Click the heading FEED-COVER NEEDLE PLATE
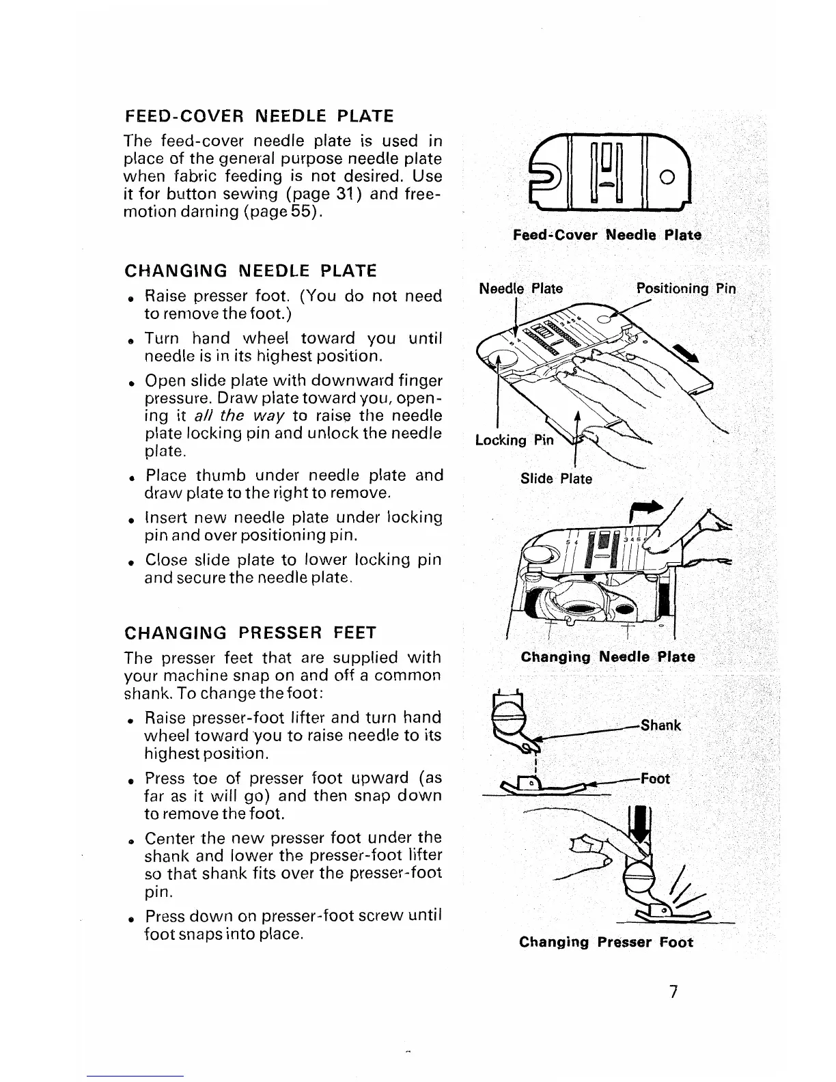click(260, 115)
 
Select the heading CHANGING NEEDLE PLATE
click(251, 271)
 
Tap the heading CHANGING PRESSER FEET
click(251, 633)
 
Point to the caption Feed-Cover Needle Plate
click(607, 235)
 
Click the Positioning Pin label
click(686, 288)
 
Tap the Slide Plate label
click(556, 479)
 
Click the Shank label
click(660, 725)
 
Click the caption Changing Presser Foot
click(606, 943)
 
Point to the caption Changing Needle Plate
click(608, 657)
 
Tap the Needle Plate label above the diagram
click(521, 288)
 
